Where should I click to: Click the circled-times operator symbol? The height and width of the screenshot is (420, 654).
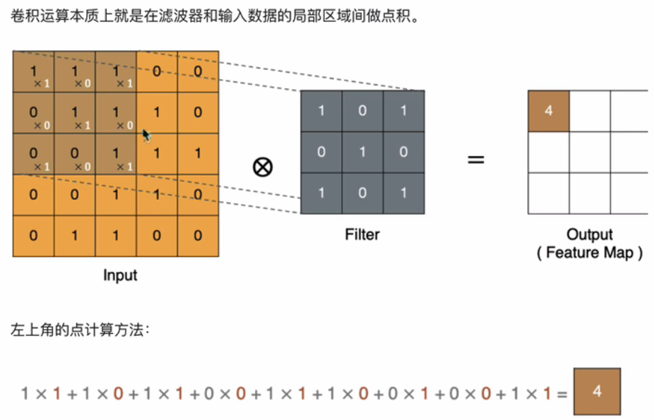tap(263, 167)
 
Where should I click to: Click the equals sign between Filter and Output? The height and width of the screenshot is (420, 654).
tap(477, 160)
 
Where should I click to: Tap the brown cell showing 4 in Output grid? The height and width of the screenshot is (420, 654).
tap(549, 111)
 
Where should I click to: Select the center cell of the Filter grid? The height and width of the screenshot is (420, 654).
tap(362, 152)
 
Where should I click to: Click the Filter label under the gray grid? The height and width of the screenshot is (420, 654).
tap(362, 234)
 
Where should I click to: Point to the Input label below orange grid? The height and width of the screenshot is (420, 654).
tap(120, 275)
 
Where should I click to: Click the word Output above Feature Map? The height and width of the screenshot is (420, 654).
tap(590, 234)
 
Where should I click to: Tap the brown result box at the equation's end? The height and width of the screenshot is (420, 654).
tap(597, 391)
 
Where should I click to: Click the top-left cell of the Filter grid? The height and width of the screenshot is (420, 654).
tap(321, 111)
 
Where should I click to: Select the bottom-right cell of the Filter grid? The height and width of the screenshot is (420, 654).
tap(403, 193)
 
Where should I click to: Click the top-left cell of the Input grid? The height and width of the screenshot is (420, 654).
tap(33, 71)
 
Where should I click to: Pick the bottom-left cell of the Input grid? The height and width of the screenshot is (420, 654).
tap(33, 236)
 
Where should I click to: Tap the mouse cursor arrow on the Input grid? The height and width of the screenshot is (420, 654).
tap(146, 135)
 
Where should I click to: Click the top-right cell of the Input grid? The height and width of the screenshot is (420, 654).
tap(198, 71)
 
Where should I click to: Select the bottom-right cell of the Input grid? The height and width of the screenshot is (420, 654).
tap(198, 236)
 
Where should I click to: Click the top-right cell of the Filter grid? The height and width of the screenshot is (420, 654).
tap(403, 111)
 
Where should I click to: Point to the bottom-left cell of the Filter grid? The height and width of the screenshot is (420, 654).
tap(321, 193)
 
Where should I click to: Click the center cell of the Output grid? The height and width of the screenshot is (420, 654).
tap(590, 152)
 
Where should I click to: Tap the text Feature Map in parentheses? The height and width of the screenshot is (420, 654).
tap(590, 253)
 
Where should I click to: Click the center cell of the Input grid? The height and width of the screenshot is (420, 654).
tap(116, 153)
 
